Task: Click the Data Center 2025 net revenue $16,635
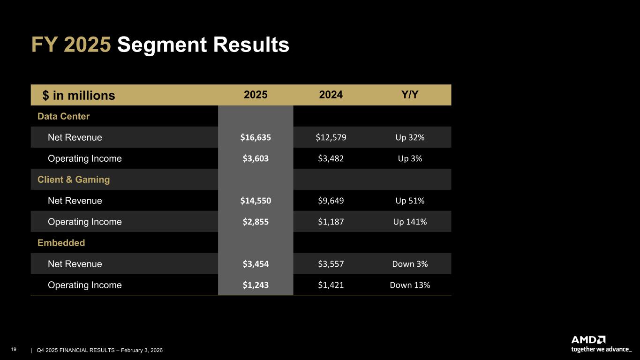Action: point(256,137)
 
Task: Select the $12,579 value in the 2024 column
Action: point(331,137)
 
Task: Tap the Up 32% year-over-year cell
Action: point(410,137)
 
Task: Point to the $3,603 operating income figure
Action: point(256,158)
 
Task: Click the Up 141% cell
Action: point(410,222)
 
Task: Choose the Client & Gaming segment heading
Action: point(74,180)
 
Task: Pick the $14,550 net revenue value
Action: point(256,201)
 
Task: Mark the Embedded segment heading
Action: point(61,243)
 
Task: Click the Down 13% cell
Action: point(410,285)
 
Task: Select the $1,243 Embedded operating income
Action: point(256,285)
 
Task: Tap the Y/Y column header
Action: point(410,95)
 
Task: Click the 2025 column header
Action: point(256,95)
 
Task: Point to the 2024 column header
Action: point(331,95)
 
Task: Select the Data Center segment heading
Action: point(63,116)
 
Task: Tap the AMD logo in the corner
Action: point(588,339)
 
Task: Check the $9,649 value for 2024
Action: point(331,201)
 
